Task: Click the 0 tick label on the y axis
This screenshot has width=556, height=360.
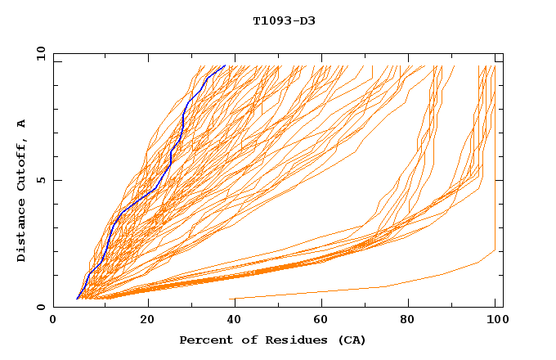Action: (40, 307)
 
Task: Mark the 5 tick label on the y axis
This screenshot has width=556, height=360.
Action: (40, 180)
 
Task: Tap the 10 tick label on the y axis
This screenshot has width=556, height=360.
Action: (40, 53)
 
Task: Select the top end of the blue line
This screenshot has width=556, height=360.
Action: (225, 65)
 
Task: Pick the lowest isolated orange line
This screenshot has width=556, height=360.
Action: (384, 286)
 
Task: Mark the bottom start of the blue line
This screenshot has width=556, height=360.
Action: (77, 299)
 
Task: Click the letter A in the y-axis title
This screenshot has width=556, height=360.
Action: (21, 124)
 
